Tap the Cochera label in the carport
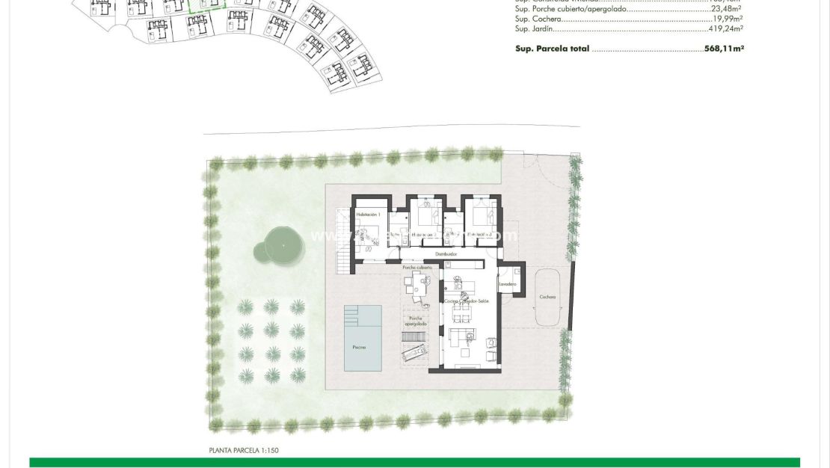click(547, 297)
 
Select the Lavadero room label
click(508, 285)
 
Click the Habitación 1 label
click(369, 215)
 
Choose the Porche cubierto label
click(417, 267)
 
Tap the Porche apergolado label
click(417, 321)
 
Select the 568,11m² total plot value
click(724, 49)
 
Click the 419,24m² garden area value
click(725, 28)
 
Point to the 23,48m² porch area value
click(726, 9)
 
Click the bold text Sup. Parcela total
click(553, 49)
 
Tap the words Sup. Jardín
click(535, 28)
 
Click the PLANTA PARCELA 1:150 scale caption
click(244, 451)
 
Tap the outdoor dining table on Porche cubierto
click(416, 283)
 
